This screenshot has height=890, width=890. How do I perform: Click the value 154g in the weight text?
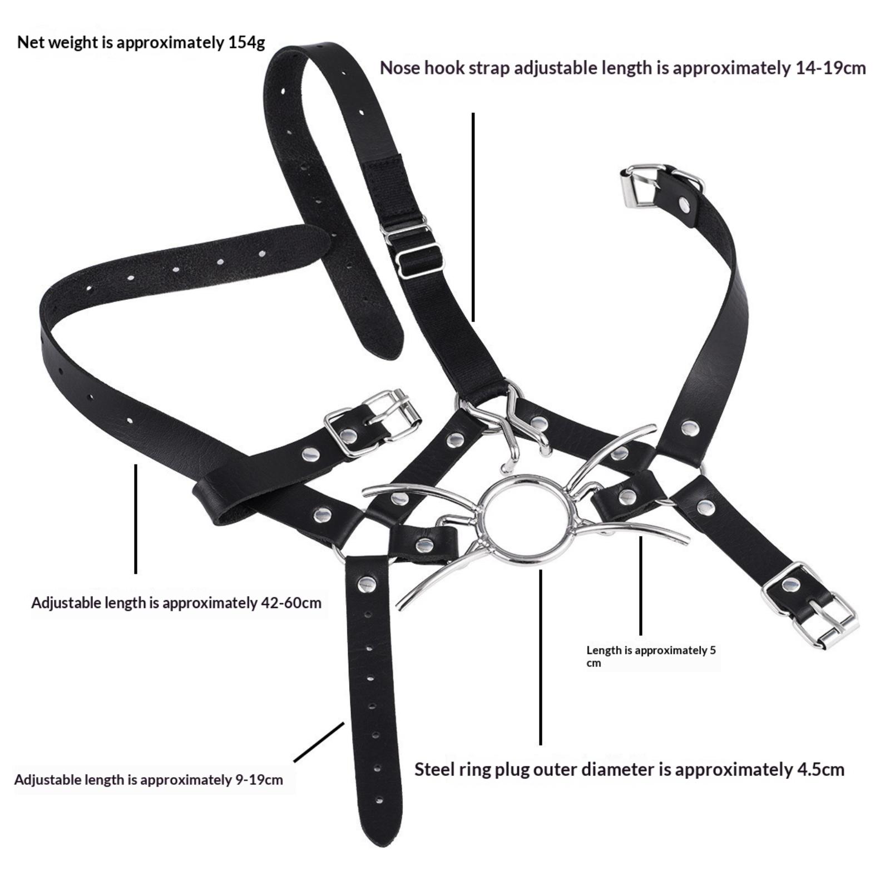coord(246,43)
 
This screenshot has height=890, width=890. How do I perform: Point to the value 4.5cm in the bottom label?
coord(820,770)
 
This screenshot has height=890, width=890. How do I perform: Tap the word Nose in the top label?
coord(400,68)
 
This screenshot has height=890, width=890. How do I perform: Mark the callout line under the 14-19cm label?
coord(473,217)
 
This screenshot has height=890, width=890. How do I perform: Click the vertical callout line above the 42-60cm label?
coord(136,518)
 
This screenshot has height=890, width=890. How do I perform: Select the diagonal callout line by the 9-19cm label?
coord(319,742)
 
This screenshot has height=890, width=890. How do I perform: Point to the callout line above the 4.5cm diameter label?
coord(540,657)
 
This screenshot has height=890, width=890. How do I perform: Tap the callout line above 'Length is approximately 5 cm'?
coord(640,585)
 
